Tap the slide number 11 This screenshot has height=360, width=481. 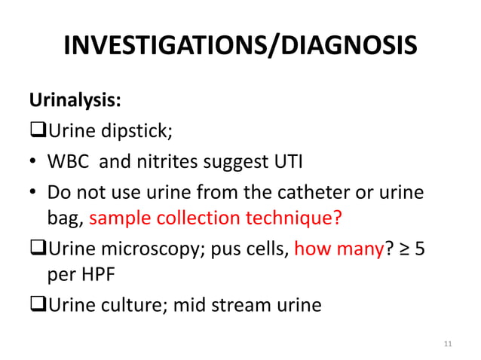click(449, 344)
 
